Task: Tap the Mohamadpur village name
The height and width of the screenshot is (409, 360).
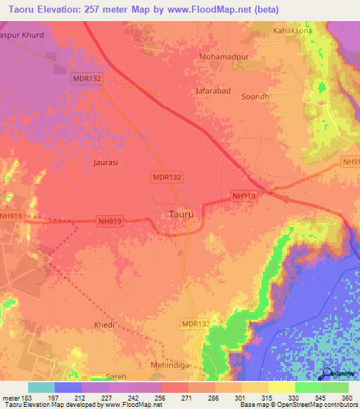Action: (x=224, y=56)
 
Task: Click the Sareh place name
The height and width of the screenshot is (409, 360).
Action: (x=116, y=377)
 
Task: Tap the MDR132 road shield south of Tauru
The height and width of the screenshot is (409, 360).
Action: (x=195, y=323)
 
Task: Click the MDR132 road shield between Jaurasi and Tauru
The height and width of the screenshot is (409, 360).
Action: (x=167, y=178)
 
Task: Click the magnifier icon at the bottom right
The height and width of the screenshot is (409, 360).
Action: (x=328, y=375)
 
